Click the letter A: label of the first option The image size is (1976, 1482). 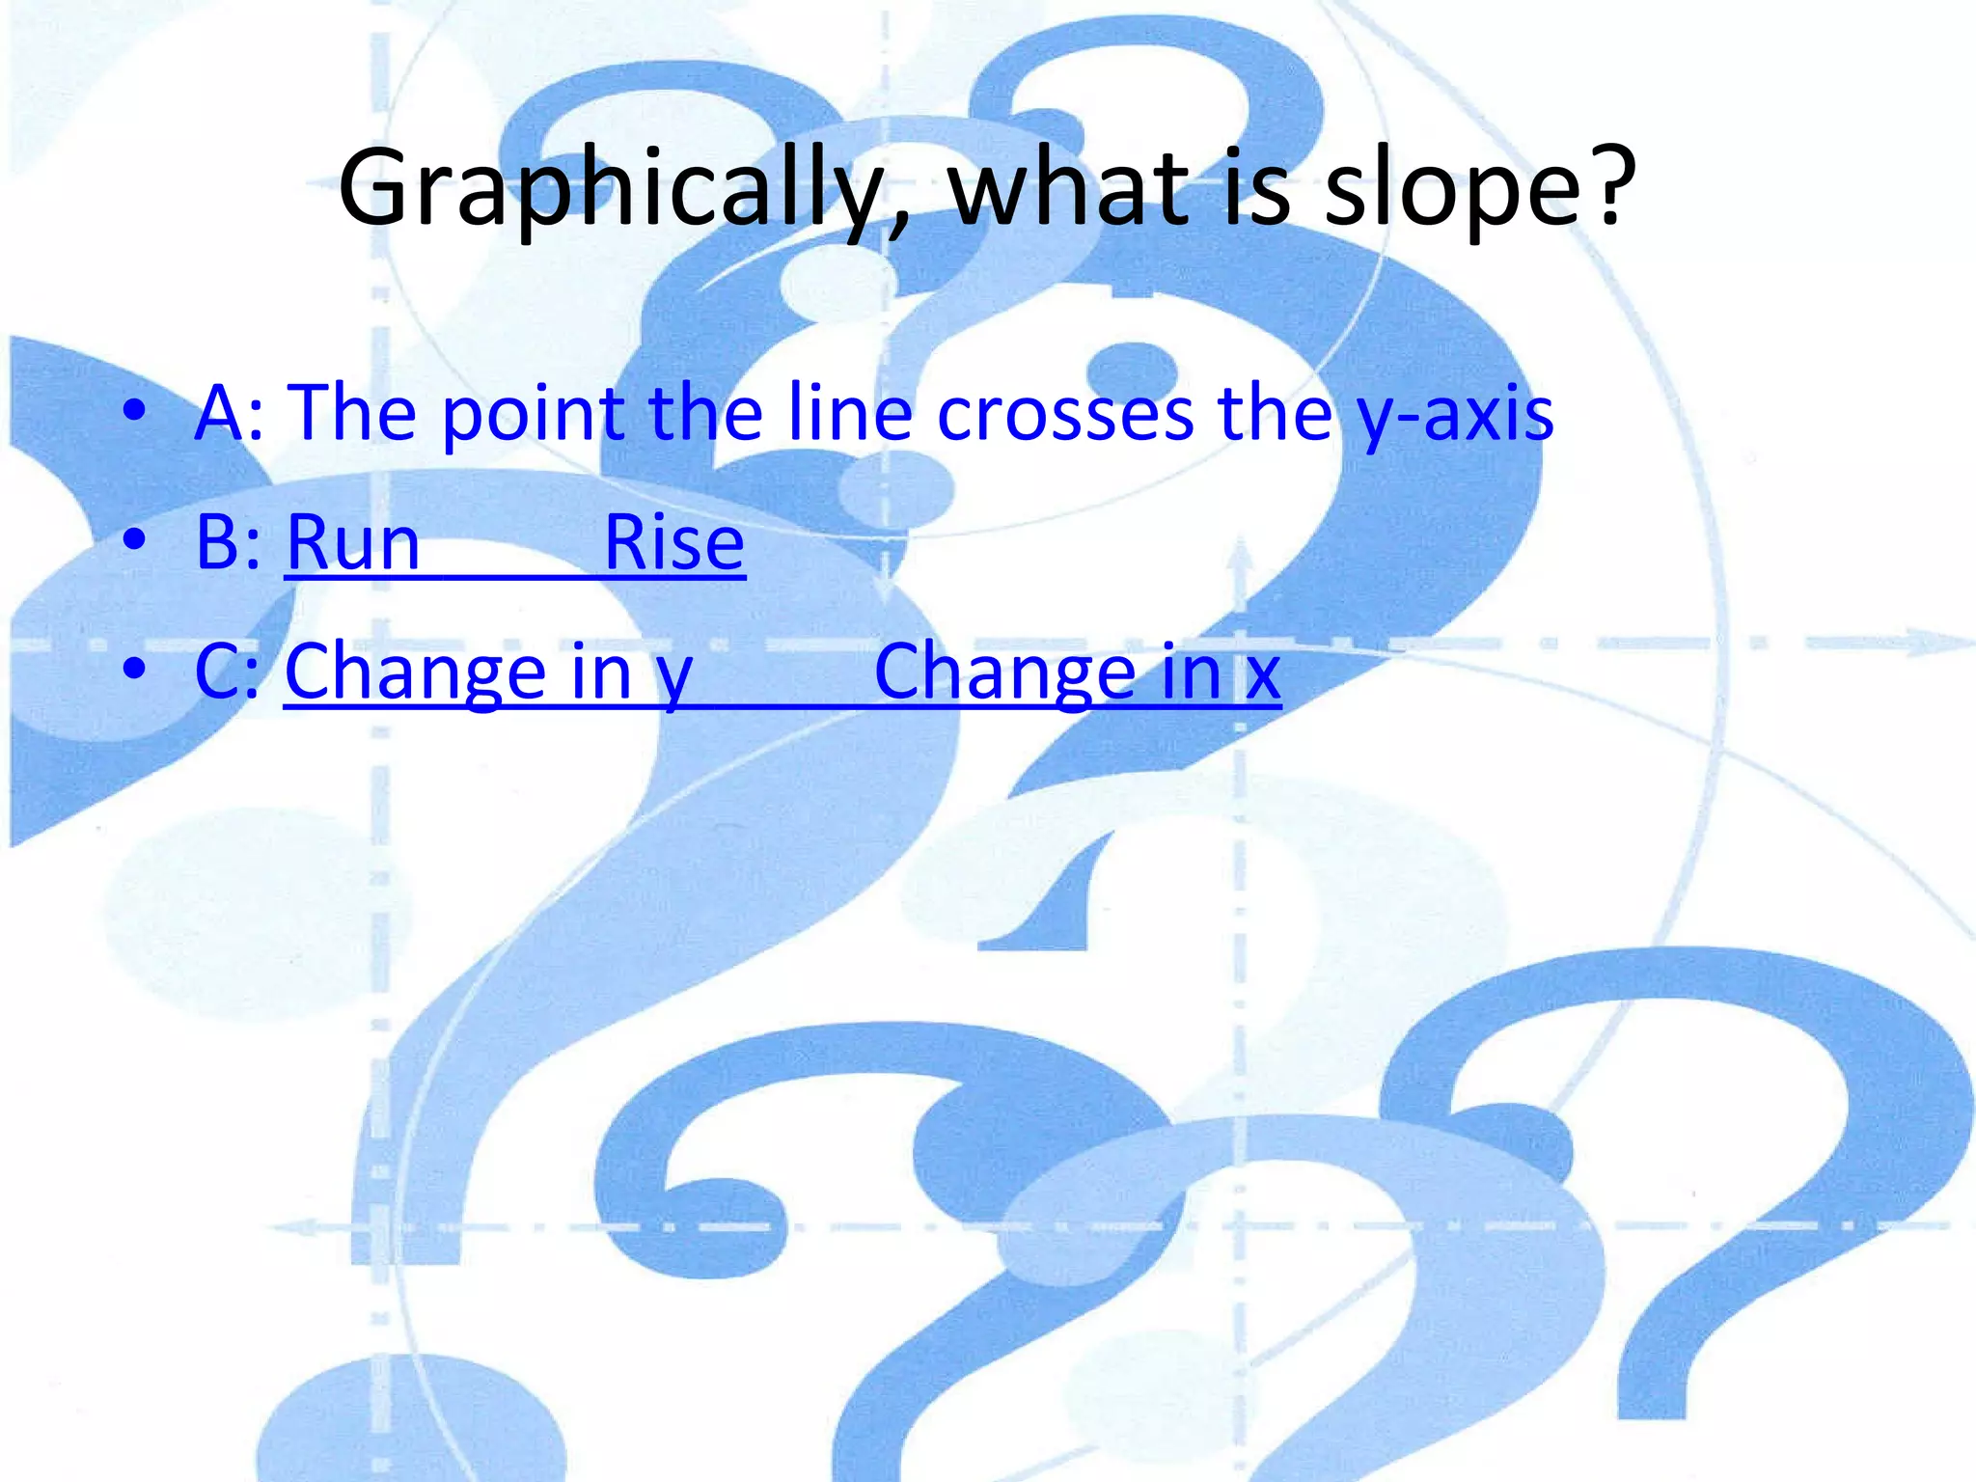pyautogui.click(x=228, y=413)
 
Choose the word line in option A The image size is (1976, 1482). pyautogui.click(x=849, y=413)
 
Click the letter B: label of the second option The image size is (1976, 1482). pyautogui.click(x=228, y=542)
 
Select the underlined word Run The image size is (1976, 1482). pyautogui.click(x=352, y=542)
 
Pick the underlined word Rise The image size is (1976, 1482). pyautogui.click(x=673, y=542)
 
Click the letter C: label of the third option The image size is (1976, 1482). pyautogui.click(x=228, y=672)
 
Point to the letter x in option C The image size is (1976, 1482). pyautogui.click(x=1262, y=673)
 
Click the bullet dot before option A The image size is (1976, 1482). pyautogui.click(x=135, y=409)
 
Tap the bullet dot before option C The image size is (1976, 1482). pyautogui.click(x=135, y=668)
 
